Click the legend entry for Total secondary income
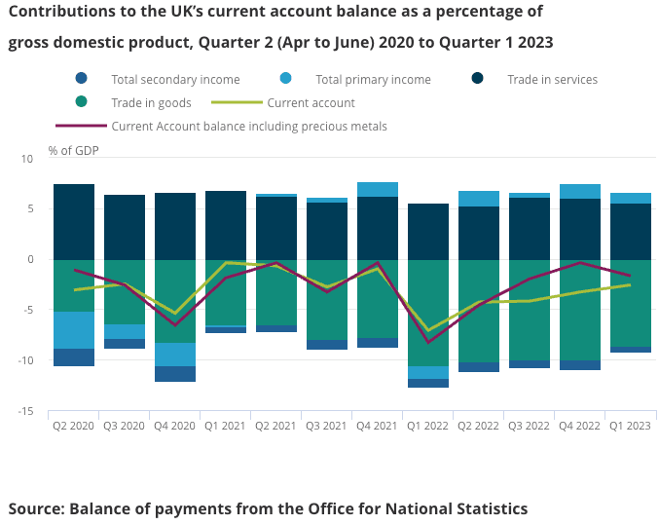click(175, 80)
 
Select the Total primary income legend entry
click(373, 80)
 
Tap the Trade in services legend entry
click(552, 80)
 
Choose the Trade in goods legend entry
click(151, 102)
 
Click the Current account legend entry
click(311, 102)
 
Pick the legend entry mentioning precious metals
click(249, 126)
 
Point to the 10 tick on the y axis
click(28, 158)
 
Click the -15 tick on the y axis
click(25, 411)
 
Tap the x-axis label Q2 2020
click(74, 425)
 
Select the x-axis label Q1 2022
click(428, 425)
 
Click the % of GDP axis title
click(73, 151)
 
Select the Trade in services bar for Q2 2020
click(74, 222)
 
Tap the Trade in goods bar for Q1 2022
click(428, 313)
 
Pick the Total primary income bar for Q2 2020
click(74, 330)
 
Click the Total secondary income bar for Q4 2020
click(175, 374)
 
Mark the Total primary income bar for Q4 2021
click(378, 190)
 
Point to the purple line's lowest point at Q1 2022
click(428, 342)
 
